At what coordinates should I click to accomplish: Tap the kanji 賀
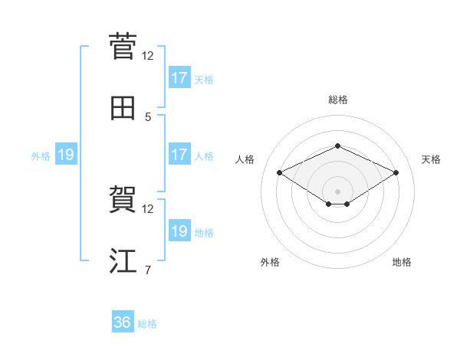coord(123,199)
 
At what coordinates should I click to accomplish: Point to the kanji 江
coord(123,260)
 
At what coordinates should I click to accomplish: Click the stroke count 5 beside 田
coord(148,117)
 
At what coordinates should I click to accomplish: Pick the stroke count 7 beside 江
coord(148,270)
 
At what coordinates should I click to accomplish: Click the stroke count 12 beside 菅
coord(148,55)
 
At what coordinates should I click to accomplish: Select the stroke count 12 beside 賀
coord(148,208)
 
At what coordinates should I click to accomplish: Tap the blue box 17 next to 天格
coord(179,78)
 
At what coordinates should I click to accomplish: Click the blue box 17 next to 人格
coord(179,155)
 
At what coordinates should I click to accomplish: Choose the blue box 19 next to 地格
coord(179,231)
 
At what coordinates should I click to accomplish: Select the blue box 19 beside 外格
coord(66,155)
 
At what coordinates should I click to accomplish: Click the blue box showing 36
coord(123,323)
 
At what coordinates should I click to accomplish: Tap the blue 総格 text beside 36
coord(148,324)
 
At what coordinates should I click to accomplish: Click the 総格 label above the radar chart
coord(338,100)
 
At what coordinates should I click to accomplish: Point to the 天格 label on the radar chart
coord(432,159)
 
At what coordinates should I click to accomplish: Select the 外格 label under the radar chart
coord(270,262)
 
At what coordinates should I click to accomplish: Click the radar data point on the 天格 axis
coord(396,173)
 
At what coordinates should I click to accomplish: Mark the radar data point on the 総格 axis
coord(338,146)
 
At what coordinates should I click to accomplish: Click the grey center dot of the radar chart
coord(338,191)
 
